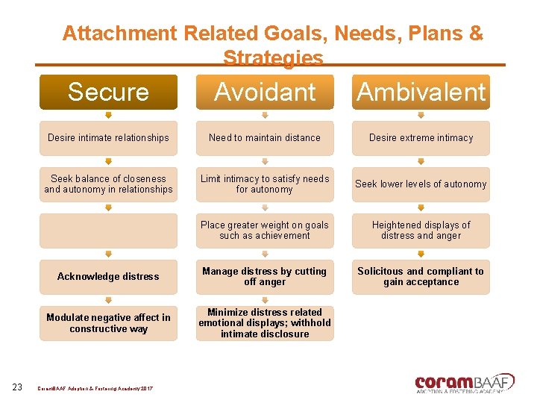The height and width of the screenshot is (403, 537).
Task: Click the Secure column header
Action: point(108,92)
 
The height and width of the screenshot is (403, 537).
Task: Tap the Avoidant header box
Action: point(265,92)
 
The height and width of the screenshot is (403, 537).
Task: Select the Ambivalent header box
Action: point(421,92)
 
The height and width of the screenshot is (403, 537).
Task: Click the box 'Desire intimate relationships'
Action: point(108,138)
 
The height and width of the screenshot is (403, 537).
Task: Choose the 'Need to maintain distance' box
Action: point(265,138)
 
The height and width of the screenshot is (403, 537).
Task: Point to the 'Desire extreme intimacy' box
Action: point(421,138)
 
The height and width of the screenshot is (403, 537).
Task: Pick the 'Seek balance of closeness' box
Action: point(108,184)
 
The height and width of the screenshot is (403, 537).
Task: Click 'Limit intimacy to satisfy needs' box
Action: point(265,184)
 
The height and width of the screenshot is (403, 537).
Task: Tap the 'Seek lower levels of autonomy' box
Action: point(421,184)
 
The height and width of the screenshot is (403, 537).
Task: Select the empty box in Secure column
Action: point(108,231)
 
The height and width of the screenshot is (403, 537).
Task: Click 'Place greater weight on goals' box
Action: point(265,231)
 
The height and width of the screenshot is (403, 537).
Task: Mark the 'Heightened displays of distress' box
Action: point(421,231)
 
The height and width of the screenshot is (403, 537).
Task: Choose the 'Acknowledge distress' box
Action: point(108,277)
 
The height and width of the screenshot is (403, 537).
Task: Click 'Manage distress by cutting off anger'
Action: point(265,277)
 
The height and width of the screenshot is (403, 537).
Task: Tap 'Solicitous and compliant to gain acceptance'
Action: point(421,277)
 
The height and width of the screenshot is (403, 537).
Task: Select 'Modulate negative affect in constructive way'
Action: point(108,323)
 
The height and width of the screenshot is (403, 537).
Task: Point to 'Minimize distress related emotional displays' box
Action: point(265,323)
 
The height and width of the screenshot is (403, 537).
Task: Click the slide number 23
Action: point(18,386)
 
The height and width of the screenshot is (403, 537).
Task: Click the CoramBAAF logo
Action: point(464,383)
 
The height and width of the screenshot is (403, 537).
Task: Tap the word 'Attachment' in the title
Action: point(120,34)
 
